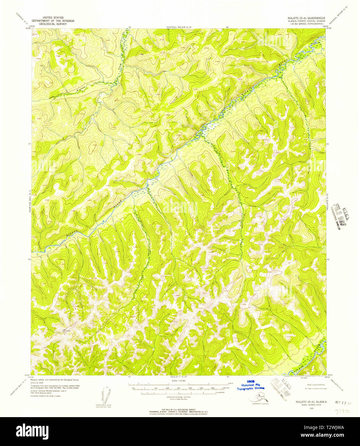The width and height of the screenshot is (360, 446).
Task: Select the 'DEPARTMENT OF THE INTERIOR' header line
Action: click(53, 21)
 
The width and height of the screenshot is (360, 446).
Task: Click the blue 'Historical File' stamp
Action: click(251, 385)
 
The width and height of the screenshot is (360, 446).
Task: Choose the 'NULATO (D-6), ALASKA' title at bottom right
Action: click(304, 402)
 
